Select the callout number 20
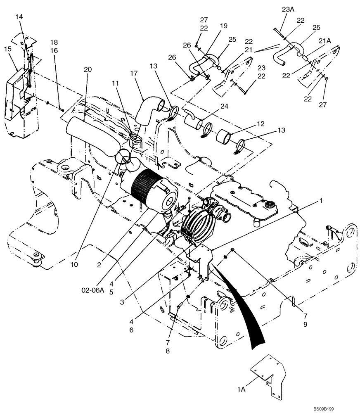(87, 70)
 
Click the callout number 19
(223, 26)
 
